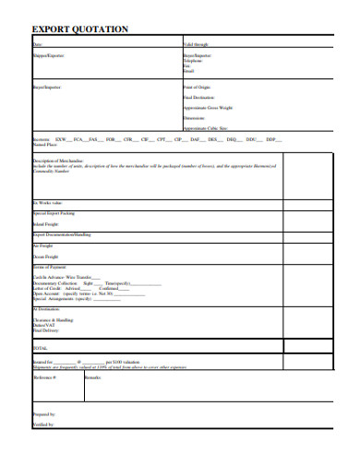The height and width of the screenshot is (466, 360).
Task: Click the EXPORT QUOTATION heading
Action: pyautogui.click(x=80, y=30)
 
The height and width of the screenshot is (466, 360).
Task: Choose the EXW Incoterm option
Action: pyautogui.click(x=61, y=139)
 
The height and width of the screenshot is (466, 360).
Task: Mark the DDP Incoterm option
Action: pyautogui.click(x=270, y=139)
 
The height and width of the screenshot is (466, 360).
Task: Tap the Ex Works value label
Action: pyautogui.click(x=49, y=202)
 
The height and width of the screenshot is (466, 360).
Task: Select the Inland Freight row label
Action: pyautogui.click(x=46, y=222)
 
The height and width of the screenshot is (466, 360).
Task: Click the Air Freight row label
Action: pyautogui.click(x=43, y=245)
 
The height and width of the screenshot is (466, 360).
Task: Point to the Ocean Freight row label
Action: pyautogui.click(x=46, y=257)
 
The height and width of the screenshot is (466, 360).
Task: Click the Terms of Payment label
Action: pyautogui.click(x=50, y=266)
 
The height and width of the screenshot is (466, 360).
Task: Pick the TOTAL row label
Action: pyautogui.click(x=40, y=348)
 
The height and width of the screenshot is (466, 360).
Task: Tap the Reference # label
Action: pyautogui.click(x=45, y=377)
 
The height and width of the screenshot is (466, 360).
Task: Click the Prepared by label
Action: pyautogui.click(x=43, y=414)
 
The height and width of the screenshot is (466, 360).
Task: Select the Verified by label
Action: pyautogui.click(x=42, y=424)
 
